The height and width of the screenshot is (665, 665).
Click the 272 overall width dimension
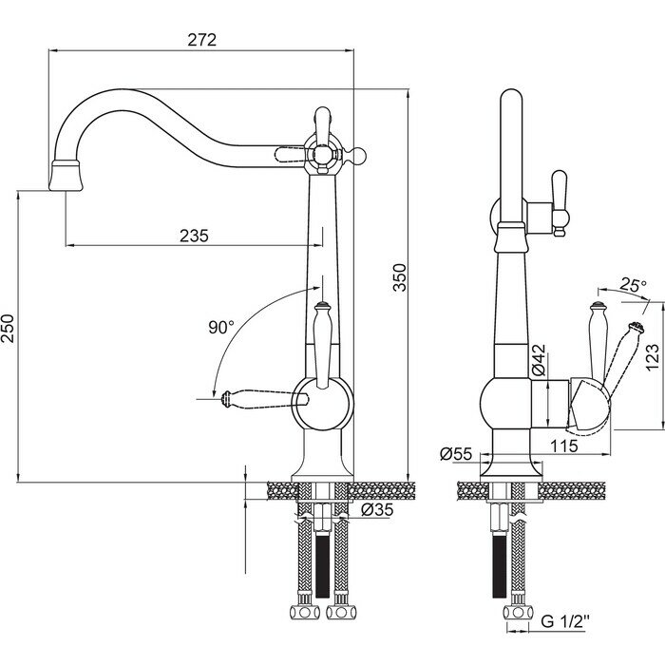pyautogui.click(x=200, y=40)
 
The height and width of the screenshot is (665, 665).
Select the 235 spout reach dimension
pyautogui.click(x=194, y=236)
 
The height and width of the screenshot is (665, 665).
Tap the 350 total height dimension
pyautogui.click(x=400, y=277)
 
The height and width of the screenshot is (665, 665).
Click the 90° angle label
pyautogui.click(x=220, y=328)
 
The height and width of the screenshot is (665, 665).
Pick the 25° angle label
pyautogui.click(x=633, y=284)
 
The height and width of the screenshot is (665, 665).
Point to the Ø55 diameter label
pyautogui.click(x=456, y=455)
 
